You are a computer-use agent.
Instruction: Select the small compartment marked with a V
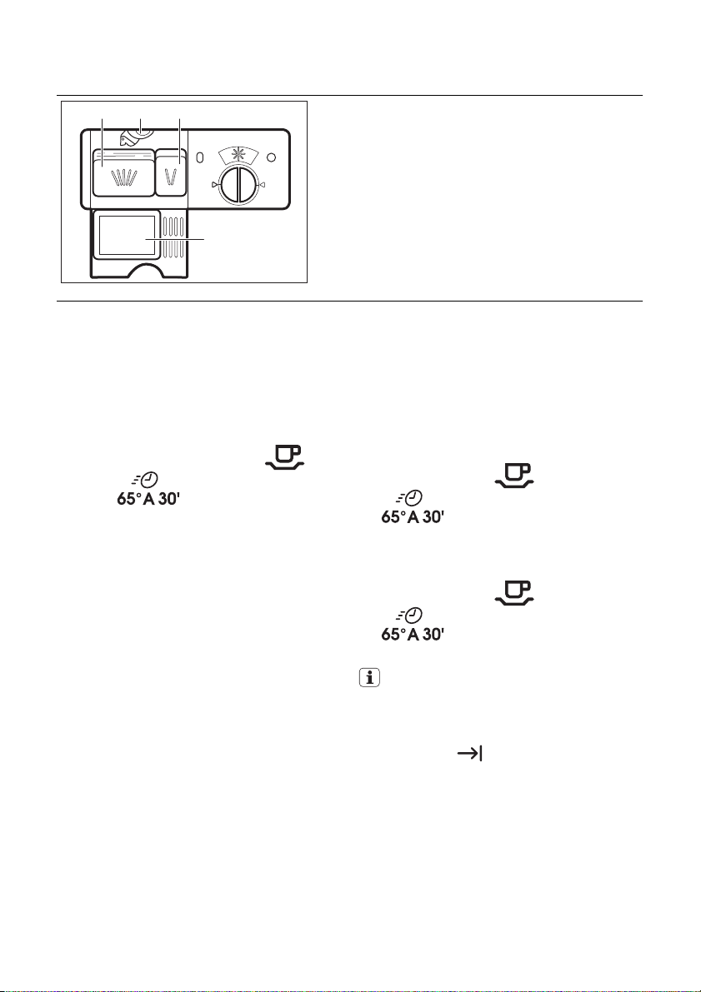(172, 172)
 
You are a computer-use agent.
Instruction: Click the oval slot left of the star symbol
(200, 157)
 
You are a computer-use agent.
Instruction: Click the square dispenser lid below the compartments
(128, 234)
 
